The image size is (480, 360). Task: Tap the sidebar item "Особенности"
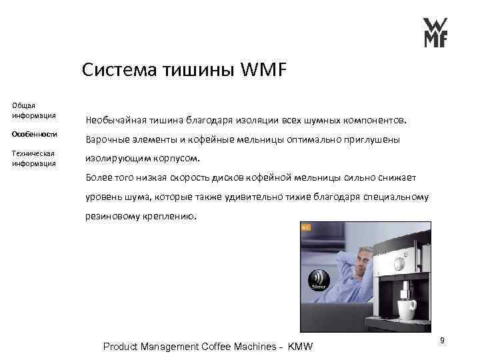coord(35,134)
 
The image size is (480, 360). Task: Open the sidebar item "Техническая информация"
coord(33,158)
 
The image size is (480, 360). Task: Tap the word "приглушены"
coord(371,141)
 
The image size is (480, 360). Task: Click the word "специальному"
coord(395,197)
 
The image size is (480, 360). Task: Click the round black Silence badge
coord(319,281)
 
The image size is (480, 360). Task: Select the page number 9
coord(441,340)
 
